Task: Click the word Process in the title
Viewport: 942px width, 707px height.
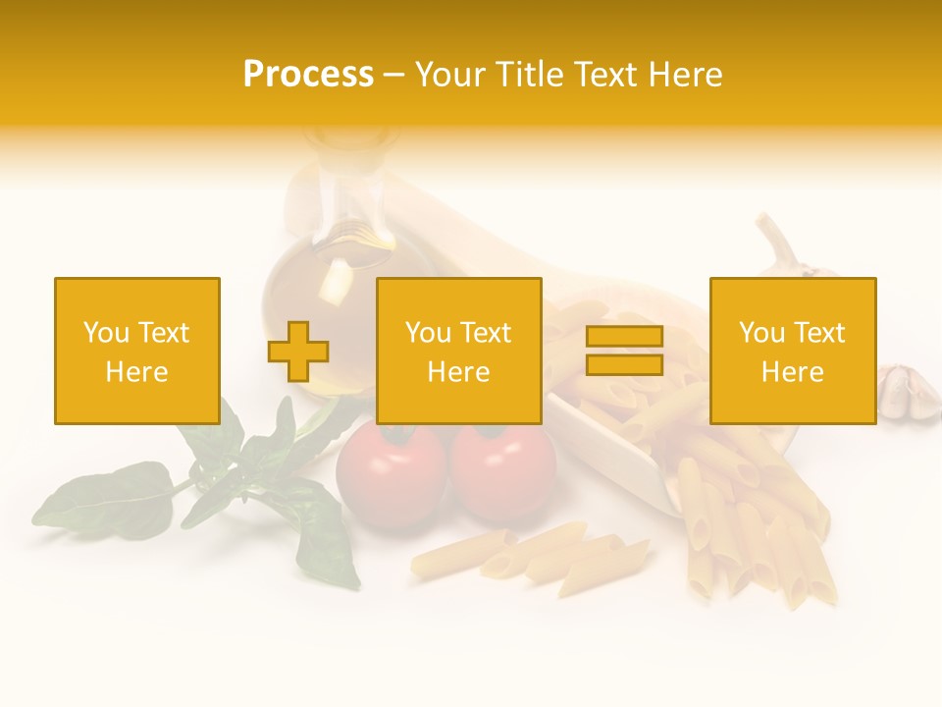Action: (308, 75)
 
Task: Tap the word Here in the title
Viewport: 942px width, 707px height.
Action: (683, 75)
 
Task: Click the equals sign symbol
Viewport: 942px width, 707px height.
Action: (624, 351)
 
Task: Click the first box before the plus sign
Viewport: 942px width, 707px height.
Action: (137, 352)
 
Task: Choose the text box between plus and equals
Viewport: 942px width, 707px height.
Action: (459, 352)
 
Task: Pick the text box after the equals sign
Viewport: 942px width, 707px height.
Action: (793, 352)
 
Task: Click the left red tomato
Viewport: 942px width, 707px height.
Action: (390, 474)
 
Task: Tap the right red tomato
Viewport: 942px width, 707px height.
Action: (503, 474)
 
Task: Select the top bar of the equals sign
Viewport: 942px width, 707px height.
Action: (624, 336)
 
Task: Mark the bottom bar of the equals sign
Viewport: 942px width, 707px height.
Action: (624, 365)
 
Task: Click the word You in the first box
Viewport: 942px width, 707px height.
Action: (105, 333)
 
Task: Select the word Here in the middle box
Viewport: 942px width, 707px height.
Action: (459, 372)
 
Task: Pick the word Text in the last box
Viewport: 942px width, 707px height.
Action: (819, 333)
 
